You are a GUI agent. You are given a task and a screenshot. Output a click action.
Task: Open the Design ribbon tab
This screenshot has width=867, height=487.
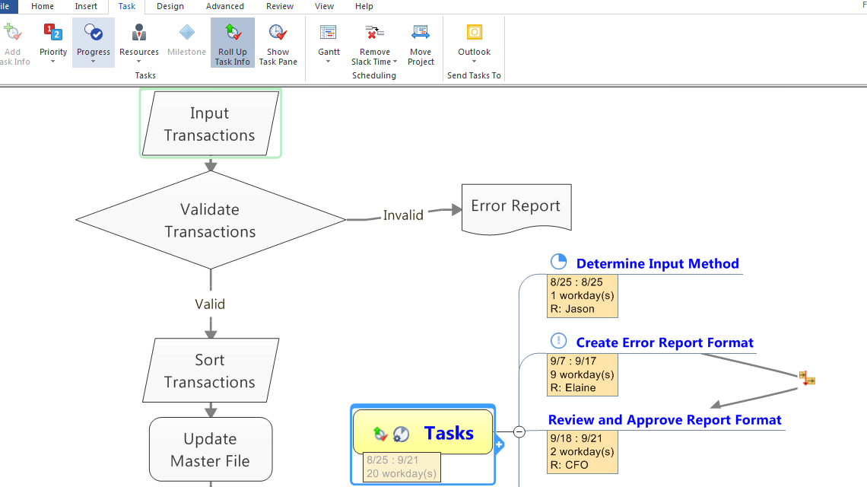click(x=170, y=6)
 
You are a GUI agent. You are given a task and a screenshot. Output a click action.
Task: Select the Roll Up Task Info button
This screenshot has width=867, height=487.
click(x=232, y=43)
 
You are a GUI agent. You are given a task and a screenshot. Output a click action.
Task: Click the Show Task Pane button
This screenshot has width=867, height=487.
click(x=278, y=43)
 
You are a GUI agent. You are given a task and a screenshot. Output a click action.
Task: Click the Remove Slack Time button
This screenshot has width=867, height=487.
click(x=374, y=43)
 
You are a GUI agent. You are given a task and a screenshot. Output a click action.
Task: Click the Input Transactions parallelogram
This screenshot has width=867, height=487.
click(x=210, y=124)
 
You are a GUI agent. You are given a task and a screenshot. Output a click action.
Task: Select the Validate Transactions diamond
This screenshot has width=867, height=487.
click(x=211, y=220)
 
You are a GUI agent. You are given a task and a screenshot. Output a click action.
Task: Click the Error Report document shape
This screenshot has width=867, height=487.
click(x=516, y=206)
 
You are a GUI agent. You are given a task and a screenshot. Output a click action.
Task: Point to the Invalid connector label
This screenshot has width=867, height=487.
click(x=403, y=215)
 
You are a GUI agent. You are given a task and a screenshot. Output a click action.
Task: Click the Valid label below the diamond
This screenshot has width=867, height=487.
click(x=210, y=304)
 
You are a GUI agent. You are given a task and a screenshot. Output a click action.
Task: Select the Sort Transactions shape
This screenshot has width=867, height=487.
click(x=211, y=371)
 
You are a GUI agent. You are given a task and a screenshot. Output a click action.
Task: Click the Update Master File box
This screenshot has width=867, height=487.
click(x=211, y=450)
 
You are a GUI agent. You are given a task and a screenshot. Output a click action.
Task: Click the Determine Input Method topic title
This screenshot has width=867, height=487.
click(x=657, y=264)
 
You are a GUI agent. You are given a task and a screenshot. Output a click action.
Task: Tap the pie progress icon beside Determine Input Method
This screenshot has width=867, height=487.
click(x=558, y=262)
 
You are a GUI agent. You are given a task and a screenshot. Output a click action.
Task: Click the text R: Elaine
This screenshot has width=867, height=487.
click(x=573, y=387)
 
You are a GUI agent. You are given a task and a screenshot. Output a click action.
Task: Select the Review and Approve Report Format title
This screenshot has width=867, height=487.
click(x=665, y=420)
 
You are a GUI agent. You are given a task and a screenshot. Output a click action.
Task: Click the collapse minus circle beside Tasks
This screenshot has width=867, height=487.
click(x=519, y=431)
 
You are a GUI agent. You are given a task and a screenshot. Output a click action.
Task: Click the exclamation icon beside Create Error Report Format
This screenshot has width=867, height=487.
click(x=558, y=341)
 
